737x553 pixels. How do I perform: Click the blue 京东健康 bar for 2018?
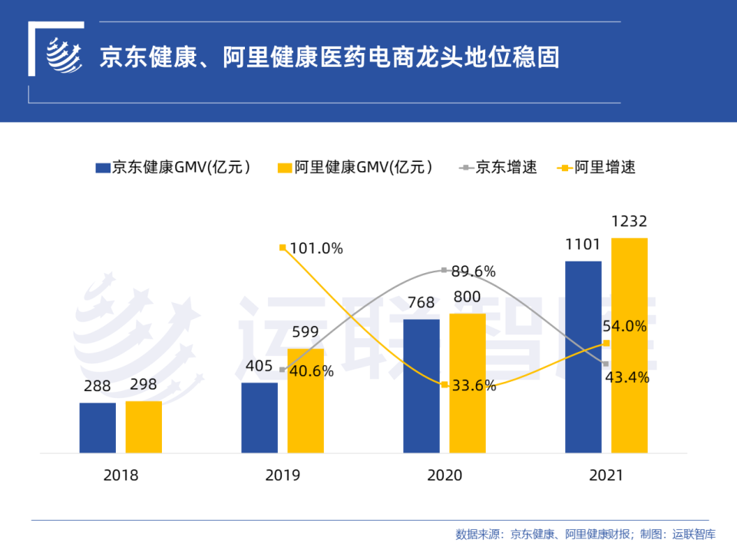97,427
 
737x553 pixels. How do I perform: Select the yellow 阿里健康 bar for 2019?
306,400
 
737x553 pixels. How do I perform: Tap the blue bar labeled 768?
421,386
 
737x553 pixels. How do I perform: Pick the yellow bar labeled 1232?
630,345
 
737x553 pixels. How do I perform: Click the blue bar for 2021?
583,357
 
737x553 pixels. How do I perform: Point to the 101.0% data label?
316,249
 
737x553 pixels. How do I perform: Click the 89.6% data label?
473,271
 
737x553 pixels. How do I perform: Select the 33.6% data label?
473,386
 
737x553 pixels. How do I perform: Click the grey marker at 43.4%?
606,364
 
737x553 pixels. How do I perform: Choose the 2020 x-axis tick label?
445,476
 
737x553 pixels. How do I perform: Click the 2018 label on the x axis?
121,476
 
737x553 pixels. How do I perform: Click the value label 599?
305,332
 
